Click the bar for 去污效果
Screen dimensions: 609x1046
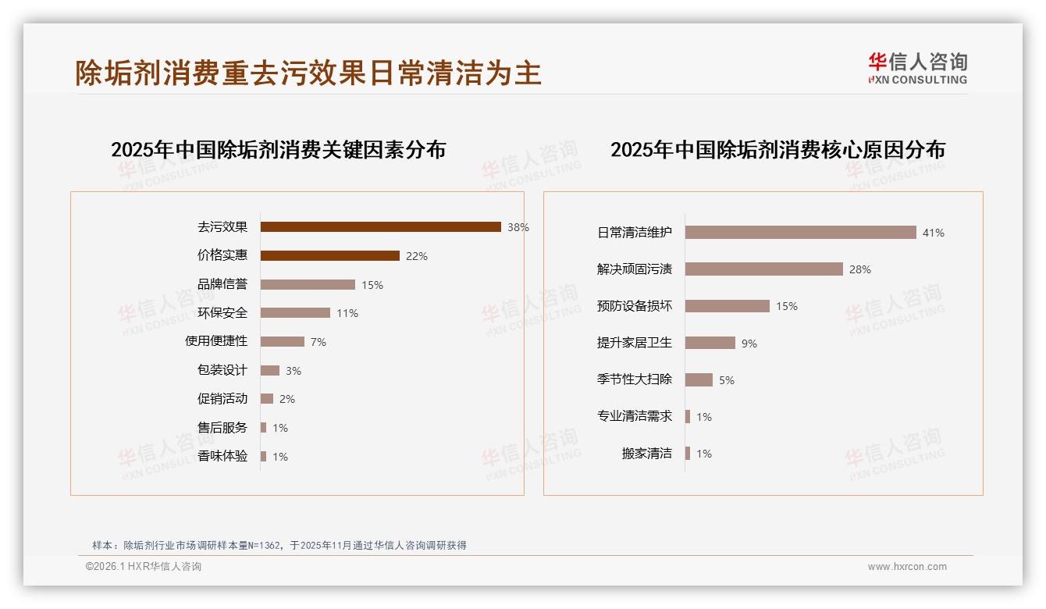(380, 227)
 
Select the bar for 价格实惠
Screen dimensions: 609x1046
(329, 256)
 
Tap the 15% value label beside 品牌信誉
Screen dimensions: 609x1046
(372, 285)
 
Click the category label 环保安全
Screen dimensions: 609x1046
(222, 313)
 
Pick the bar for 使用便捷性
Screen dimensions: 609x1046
(282, 342)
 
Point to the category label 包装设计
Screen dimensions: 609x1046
(222, 370)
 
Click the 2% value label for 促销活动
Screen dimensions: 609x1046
(287, 399)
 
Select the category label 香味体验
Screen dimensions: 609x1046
(222, 456)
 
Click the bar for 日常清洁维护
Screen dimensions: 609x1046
(800, 233)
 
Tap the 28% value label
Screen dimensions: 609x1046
(860, 269)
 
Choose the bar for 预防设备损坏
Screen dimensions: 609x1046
(727, 306)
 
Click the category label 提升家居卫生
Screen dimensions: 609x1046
(634, 343)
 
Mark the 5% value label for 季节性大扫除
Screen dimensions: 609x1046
(727, 380)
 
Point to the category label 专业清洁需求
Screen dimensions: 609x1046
(634, 416)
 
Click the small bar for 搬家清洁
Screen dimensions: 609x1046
(688, 454)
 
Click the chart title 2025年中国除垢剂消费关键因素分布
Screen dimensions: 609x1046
(278, 150)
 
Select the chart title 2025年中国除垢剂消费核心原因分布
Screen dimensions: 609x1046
(777, 150)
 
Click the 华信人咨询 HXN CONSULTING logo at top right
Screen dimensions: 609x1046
(917, 69)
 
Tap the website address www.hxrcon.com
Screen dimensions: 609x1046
(907, 567)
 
